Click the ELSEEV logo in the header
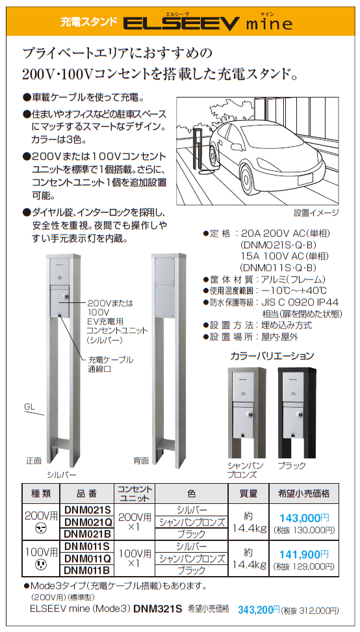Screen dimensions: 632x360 (183, 24)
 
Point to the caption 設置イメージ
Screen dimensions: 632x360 (316, 213)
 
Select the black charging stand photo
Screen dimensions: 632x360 (296, 410)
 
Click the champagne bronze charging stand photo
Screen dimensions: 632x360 (245, 410)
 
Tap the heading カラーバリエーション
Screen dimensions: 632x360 (272, 356)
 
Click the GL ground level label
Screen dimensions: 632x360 (29, 406)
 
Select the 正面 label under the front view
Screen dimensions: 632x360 (33, 460)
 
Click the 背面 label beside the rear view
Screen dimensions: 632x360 (141, 460)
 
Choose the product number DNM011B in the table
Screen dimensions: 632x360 (88, 570)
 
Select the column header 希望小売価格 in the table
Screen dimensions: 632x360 (304, 494)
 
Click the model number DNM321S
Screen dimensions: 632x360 (157, 610)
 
